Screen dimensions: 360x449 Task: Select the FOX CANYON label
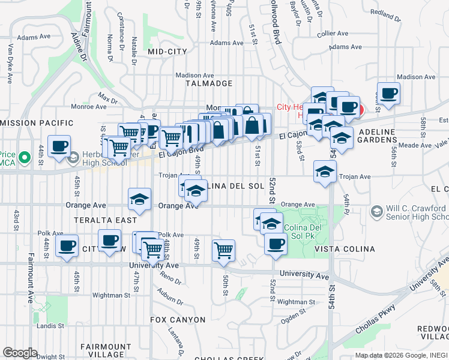[178, 320]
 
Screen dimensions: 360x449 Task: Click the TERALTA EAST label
[106, 220]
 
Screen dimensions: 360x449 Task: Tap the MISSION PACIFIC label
[37, 123]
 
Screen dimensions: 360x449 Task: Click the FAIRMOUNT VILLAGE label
[106, 350]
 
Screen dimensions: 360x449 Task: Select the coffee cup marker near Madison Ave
[388, 93]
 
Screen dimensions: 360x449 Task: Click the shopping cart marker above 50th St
[223, 250]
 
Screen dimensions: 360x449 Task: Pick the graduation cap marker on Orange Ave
[139, 199]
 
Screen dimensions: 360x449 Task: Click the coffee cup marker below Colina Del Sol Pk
[276, 244]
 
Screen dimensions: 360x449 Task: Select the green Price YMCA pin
[24, 158]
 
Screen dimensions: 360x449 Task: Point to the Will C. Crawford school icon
[376, 211]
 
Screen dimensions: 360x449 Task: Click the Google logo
[20, 353]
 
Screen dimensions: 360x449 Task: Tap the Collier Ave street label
[333, 34]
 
